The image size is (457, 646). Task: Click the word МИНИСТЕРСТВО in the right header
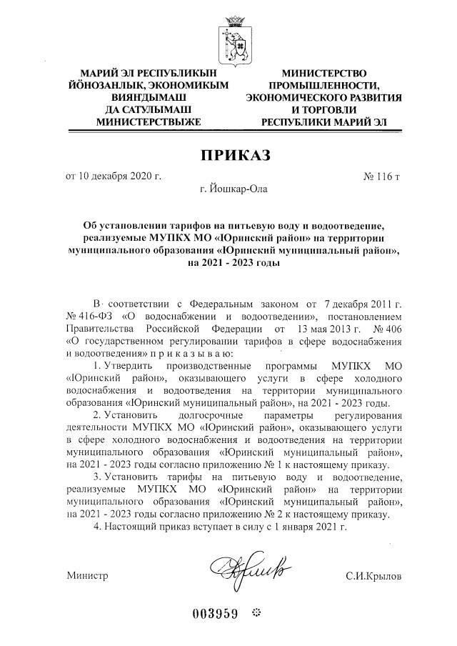tap(324, 73)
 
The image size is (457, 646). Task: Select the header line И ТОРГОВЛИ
tap(323, 109)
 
